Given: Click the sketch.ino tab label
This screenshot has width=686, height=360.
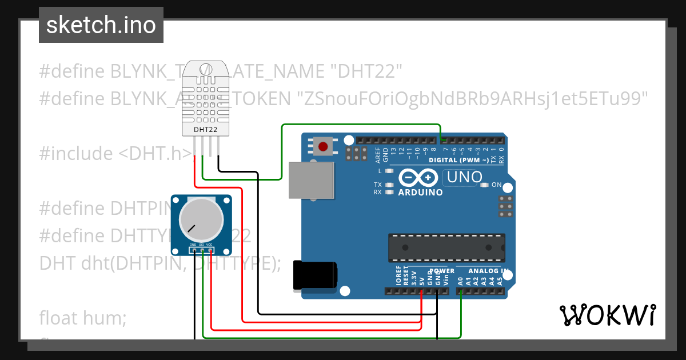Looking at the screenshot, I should tap(101, 25).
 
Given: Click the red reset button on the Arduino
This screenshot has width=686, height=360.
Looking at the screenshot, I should tap(323, 147).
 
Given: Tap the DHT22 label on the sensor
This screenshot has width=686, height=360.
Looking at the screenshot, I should tap(205, 129).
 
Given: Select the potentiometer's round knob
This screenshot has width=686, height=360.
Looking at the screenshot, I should tap(201, 218).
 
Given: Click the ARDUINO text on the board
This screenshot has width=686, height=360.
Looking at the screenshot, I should tap(420, 193).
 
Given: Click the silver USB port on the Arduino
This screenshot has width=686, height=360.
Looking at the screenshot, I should tap(310, 180).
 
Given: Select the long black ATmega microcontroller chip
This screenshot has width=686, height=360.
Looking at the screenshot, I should tap(446, 247).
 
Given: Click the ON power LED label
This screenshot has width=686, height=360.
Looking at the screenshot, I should tap(497, 185).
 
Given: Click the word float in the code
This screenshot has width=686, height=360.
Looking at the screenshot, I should tap(59, 318).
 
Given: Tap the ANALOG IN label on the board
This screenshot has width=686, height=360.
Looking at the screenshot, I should tap(489, 271).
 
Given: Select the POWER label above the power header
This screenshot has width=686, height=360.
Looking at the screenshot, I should tap(441, 271).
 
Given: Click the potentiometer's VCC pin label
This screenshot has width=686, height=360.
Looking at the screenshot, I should tap(210, 244).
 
